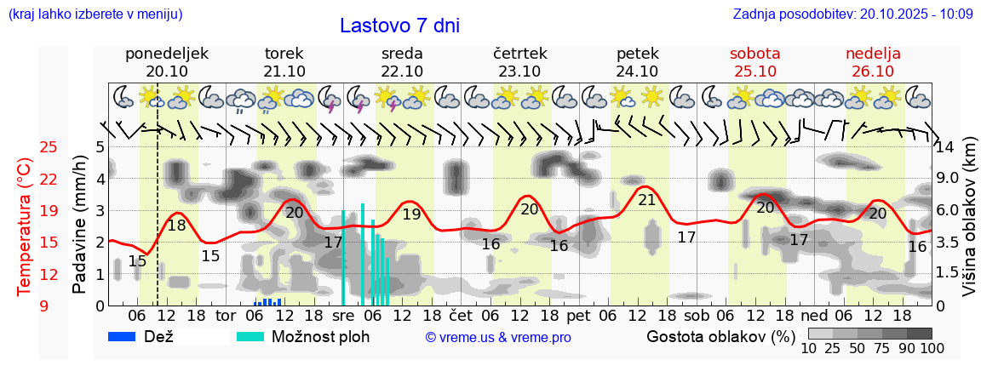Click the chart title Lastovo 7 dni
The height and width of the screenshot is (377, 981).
399,26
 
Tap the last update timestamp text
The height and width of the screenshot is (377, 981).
852,14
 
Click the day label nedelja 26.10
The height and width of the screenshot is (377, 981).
873,62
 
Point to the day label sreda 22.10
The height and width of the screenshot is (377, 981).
402,62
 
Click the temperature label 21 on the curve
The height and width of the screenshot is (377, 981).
647,200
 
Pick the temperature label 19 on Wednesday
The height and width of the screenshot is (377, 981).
411,214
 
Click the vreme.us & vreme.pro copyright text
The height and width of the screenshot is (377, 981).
498,337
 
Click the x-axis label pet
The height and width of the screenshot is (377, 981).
578,315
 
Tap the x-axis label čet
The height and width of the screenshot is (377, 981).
461,315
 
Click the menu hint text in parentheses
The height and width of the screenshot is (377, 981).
95,14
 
